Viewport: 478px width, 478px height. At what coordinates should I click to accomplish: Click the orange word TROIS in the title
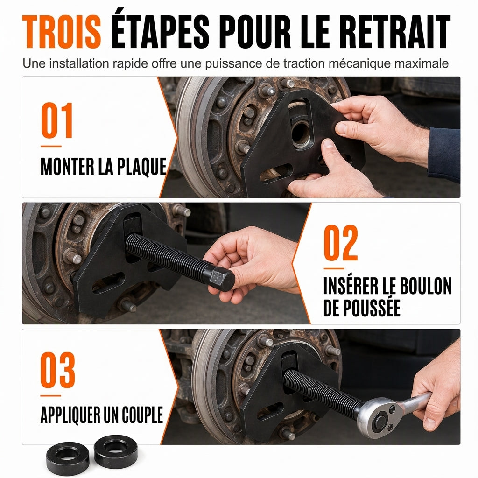coord(62,32)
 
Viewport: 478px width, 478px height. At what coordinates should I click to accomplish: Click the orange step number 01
coord(57,120)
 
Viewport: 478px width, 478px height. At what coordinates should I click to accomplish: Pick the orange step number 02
coord(341,243)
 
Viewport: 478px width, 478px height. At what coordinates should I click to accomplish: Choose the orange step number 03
coord(57,370)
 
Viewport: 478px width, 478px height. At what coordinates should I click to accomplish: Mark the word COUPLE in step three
coord(142,415)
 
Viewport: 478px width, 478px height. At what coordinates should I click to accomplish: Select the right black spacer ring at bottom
coord(116,451)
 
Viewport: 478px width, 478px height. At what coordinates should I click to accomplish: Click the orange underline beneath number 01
coord(51,146)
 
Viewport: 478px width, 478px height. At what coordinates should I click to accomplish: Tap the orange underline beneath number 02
coord(334,268)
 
